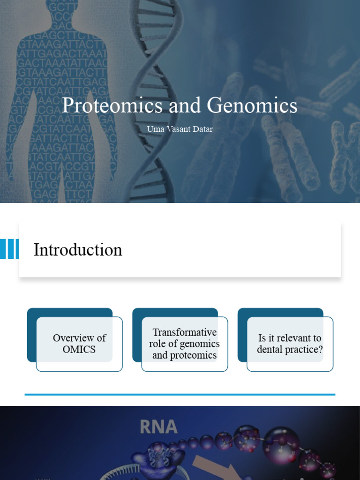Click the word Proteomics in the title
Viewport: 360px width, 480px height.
point(112,106)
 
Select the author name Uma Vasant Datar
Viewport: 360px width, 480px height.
point(180,129)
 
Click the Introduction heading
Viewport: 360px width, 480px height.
point(78,250)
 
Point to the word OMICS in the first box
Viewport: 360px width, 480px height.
point(79,349)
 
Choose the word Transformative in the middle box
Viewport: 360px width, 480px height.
point(185,332)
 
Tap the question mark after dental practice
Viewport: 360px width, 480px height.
point(321,350)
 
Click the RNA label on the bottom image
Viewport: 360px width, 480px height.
point(158,427)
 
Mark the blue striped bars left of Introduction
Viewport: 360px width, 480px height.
point(9,249)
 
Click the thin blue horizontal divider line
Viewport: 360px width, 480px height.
point(180,395)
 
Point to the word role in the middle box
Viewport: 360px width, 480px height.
point(158,344)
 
